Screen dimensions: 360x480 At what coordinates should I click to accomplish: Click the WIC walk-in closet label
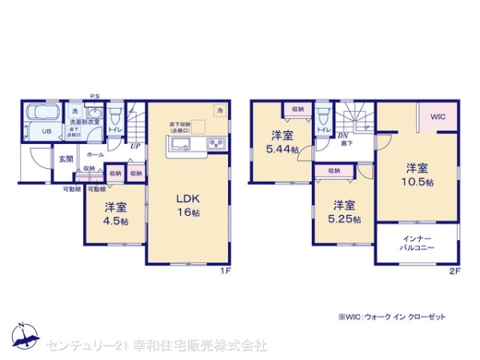(438, 118)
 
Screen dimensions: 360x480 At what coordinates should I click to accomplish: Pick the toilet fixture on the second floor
(322, 114)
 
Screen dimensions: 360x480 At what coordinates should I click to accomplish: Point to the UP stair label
(136, 146)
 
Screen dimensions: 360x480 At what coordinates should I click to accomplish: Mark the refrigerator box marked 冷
(218, 109)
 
